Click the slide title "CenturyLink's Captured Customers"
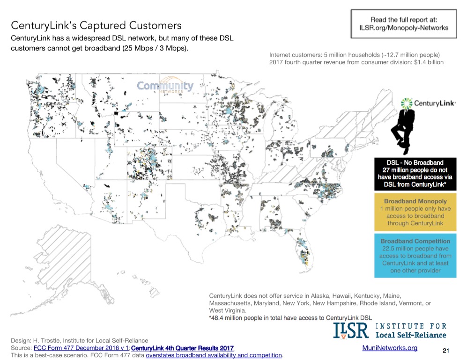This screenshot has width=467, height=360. [x=96, y=25]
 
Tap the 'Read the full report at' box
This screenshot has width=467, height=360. [x=403, y=23]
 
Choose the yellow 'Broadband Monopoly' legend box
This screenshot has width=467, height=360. [x=415, y=212]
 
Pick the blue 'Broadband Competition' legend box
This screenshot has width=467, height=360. [x=415, y=255]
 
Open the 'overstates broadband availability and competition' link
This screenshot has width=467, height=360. [x=214, y=355]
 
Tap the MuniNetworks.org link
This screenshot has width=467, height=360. [x=390, y=348]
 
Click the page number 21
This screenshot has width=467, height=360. [x=445, y=351]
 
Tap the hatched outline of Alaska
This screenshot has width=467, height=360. [x=75, y=253]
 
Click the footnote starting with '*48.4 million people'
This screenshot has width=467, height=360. [x=290, y=318]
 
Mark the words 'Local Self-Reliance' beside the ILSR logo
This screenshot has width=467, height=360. [x=411, y=335]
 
